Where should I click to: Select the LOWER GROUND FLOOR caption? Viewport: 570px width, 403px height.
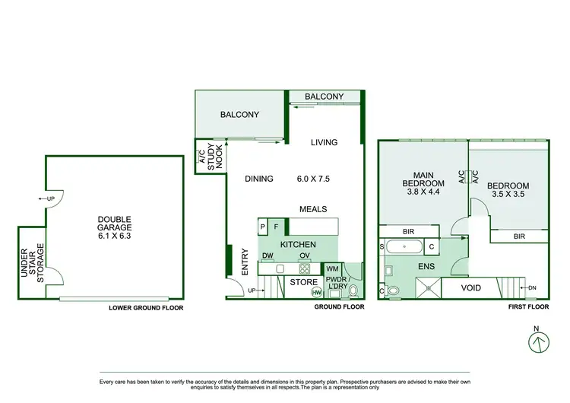click(146, 309)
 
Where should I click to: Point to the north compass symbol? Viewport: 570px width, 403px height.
click(538, 343)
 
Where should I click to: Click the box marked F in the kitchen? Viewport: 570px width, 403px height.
click(276, 227)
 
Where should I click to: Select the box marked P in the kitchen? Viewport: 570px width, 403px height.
click(263, 227)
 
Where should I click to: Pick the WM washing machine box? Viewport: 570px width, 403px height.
click(331, 268)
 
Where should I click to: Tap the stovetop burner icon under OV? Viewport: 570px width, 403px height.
click(304, 268)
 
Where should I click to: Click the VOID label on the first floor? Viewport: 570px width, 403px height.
click(466, 289)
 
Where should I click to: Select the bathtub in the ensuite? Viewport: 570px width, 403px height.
click(401, 246)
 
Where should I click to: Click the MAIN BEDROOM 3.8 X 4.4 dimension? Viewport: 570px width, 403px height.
click(423, 193)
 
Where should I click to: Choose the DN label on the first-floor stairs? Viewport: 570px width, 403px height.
click(533, 287)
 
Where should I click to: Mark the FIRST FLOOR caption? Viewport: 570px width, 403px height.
click(527, 309)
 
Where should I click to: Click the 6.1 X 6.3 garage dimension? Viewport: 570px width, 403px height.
click(114, 236)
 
